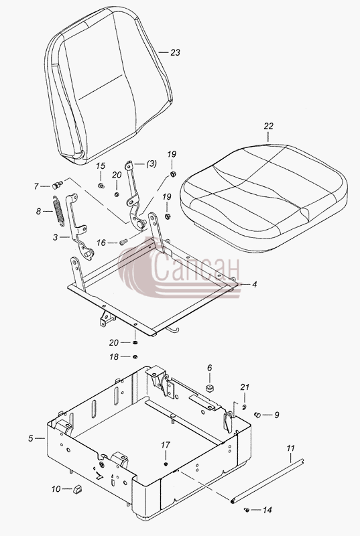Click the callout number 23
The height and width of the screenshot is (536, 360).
coord(175,53)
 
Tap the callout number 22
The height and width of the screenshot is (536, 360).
coord(268,126)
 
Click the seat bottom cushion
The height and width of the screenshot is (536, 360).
coord(263,198)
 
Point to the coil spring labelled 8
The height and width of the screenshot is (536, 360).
coord(58,210)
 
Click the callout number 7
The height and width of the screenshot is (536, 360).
coord(36,186)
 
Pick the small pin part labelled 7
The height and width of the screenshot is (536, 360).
coord(58,186)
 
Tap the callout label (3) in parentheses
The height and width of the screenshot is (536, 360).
coord(151,163)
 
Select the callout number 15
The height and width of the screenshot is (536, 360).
coord(101,166)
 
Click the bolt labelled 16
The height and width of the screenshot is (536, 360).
coord(123,242)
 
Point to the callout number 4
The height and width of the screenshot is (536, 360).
coord(254,284)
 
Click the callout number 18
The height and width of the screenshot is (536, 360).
coord(114,357)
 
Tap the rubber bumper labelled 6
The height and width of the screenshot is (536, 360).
coord(210,389)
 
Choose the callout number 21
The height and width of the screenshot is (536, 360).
coord(245,387)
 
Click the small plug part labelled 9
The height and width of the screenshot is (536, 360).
coord(257,415)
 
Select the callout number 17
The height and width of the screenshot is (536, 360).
coord(166,445)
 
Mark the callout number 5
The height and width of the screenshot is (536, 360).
coord(31,438)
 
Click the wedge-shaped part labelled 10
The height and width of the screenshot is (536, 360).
coord(78,489)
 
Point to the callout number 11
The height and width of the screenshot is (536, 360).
coord(290,448)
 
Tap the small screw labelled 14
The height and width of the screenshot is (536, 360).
coord(247,510)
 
